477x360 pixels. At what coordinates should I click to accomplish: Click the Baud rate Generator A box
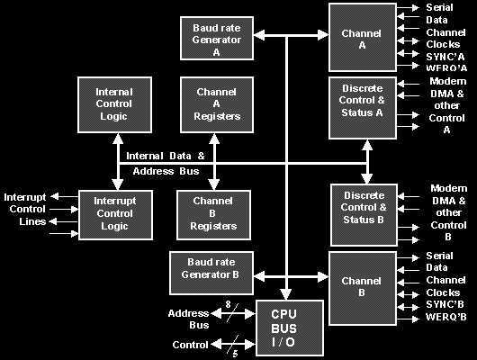(x=217, y=39)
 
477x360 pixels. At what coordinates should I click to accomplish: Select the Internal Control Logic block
(x=114, y=105)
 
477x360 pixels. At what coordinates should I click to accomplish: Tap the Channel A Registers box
(x=217, y=105)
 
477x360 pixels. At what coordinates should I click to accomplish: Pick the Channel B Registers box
(x=213, y=215)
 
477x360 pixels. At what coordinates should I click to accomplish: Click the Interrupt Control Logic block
(x=115, y=215)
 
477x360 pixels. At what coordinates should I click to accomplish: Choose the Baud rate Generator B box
(x=211, y=274)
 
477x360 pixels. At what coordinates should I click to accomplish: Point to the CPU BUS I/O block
(x=290, y=328)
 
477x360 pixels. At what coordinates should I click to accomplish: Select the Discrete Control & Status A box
(x=363, y=108)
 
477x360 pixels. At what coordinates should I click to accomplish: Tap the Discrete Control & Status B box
(x=364, y=215)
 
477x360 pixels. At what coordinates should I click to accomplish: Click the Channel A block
(x=363, y=38)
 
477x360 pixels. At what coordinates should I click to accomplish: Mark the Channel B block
(x=363, y=289)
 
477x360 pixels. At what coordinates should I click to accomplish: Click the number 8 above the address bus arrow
(x=229, y=304)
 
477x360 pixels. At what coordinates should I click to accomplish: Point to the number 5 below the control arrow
(x=235, y=354)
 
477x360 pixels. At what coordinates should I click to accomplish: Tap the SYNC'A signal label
(x=445, y=57)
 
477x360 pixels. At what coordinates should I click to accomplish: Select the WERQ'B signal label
(x=445, y=317)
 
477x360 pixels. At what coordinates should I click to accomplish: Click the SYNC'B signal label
(x=445, y=304)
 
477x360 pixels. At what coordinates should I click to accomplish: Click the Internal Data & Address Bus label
(x=166, y=164)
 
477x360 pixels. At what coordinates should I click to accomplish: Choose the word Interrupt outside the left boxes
(x=25, y=197)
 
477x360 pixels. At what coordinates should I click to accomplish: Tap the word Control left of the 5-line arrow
(x=190, y=345)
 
